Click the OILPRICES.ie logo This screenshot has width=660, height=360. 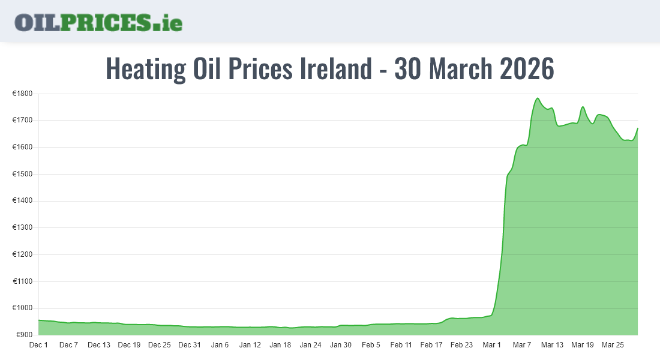(x=98, y=22)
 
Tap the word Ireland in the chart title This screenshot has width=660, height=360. (x=335, y=69)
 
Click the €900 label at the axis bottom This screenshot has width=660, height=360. (x=23, y=335)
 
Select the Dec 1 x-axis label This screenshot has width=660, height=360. (x=38, y=345)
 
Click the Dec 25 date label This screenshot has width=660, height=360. (x=159, y=345)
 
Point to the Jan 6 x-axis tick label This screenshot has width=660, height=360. (x=220, y=345)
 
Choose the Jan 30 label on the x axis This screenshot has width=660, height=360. (x=340, y=345)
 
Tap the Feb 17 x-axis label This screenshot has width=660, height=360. (x=431, y=345)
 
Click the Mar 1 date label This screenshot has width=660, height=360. (x=491, y=345)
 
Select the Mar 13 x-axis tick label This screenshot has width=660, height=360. (x=552, y=345)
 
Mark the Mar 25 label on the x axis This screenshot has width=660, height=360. (x=612, y=345)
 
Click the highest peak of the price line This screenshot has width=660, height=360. (x=538, y=98)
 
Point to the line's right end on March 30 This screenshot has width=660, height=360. (x=637, y=128)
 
